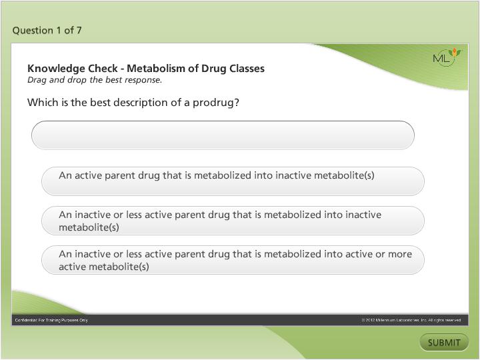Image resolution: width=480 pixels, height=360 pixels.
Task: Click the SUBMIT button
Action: pos(444,343)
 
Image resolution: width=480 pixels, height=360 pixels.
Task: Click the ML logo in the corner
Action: pos(445,57)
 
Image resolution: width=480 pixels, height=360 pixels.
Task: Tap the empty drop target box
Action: pos(223,135)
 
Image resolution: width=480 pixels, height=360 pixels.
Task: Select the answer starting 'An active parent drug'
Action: pos(233,181)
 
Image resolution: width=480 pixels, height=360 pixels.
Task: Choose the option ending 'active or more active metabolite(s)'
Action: pos(233,260)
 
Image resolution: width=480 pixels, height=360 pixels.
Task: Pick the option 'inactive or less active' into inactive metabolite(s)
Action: pos(233,221)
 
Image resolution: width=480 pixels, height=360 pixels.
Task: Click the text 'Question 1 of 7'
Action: pos(47,30)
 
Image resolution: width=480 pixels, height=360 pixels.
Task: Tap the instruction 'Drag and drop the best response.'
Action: pos(95,80)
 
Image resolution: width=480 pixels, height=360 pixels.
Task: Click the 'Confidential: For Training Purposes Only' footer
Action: pos(51,321)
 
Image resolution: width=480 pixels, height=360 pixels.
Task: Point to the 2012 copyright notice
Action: pos(411,321)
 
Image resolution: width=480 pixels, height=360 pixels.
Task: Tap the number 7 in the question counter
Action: pos(79,30)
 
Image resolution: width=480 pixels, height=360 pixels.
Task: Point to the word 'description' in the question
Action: pos(134,103)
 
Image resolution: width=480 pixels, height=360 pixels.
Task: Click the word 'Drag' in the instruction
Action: pos(37,80)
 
